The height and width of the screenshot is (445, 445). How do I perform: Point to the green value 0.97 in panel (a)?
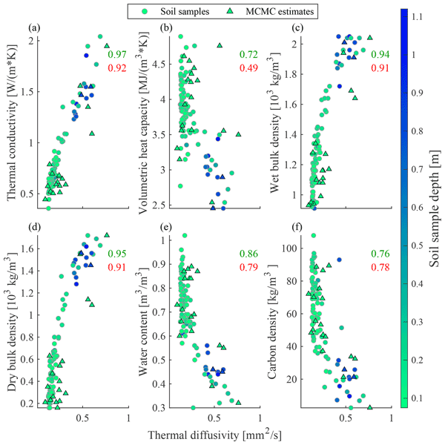click(x=117, y=55)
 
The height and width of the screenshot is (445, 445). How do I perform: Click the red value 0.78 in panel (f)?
click(x=380, y=267)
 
